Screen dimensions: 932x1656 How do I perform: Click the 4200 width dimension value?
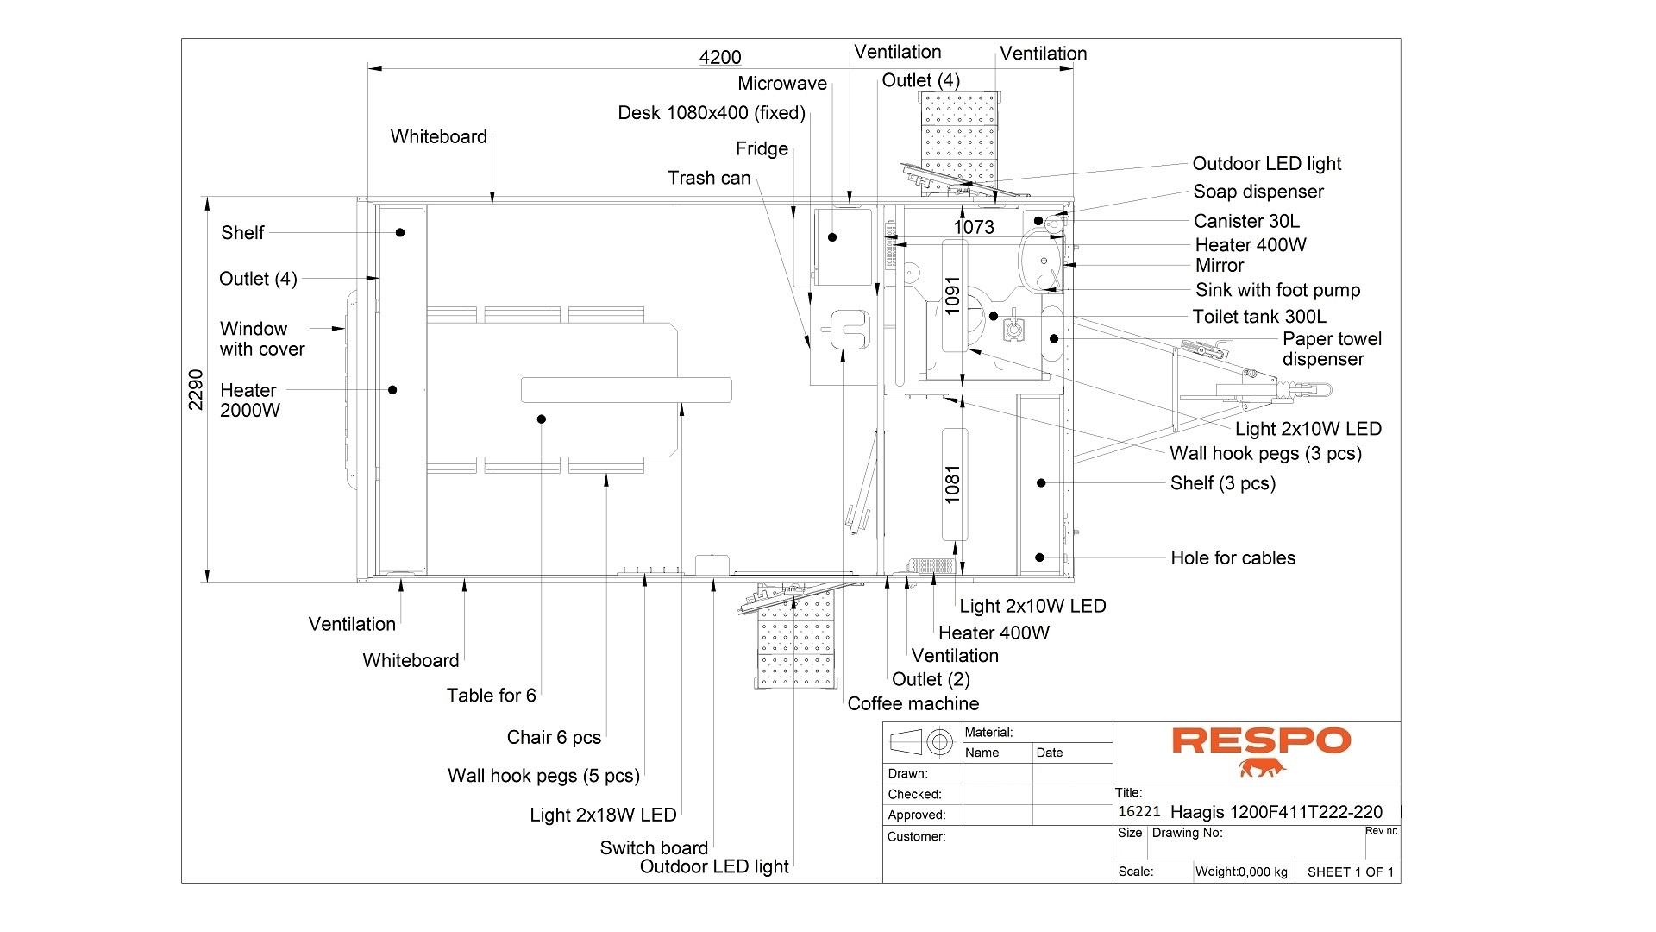coord(720,57)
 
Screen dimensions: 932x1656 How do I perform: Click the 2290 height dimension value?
coord(197,389)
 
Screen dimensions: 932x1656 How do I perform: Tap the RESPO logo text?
coord(1260,740)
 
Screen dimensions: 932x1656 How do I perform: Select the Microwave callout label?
coord(782,84)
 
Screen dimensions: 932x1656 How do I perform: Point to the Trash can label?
coord(709,178)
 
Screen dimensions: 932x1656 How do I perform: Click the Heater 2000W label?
coord(249,400)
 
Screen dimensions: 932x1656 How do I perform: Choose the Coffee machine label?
coord(913,703)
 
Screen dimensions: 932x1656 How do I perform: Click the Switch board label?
coord(654,847)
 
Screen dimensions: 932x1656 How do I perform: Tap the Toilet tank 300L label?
coord(1259,317)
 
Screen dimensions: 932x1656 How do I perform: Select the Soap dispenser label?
coord(1258,192)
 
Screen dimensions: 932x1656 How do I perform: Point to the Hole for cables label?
coord(1233,558)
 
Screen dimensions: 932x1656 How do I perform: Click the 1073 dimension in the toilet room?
coord(974,227)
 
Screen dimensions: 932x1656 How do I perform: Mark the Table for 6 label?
coord(491,696)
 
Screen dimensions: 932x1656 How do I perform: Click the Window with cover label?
coord(262,339)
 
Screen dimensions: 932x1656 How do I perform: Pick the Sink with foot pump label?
coord(1277,290)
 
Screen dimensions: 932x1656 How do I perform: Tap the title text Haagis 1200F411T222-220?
coord(1276,812)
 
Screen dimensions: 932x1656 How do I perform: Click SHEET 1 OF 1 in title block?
coord(1350,872)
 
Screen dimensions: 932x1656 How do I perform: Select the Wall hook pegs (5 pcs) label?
coord(543,776)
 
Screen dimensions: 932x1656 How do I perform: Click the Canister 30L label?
coord(1246,221)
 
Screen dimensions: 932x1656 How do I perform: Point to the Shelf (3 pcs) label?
coord(1222,483)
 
